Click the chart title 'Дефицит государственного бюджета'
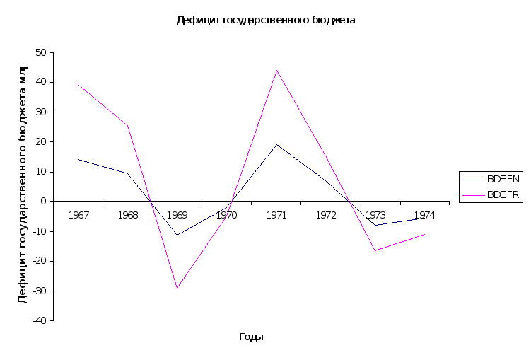click(265, 21)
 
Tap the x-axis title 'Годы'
click(251, 337)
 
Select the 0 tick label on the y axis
click(44, 202)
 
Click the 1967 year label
click(78, 215)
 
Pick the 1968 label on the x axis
click(128, 215)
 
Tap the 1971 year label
click(276, 215)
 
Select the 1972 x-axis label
click(325, 215)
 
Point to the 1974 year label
click(424, 215)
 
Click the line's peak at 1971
click(276, 144)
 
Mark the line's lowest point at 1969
click(177, 234)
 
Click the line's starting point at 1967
click(78, 159)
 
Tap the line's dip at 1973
click(374, 225)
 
